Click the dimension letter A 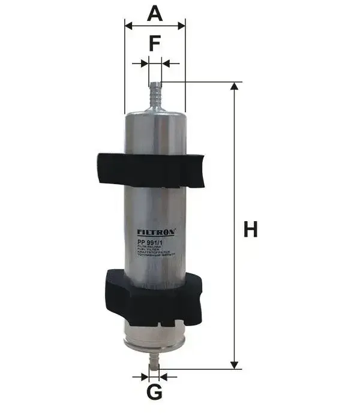click(155, 13)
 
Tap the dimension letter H click(250, 229)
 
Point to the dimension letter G click(154, 393)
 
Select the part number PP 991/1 click(150, 242)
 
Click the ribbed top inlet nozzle click(155, 93)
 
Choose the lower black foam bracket click(154, 297)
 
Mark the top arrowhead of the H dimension click(235, 86)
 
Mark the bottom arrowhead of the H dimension click(235, 364)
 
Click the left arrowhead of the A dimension click(128, 26)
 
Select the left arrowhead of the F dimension click(143, 63)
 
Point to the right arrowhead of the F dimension click(166, 63)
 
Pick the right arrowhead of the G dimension click(164, 376)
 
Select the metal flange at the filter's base click(154, 342)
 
